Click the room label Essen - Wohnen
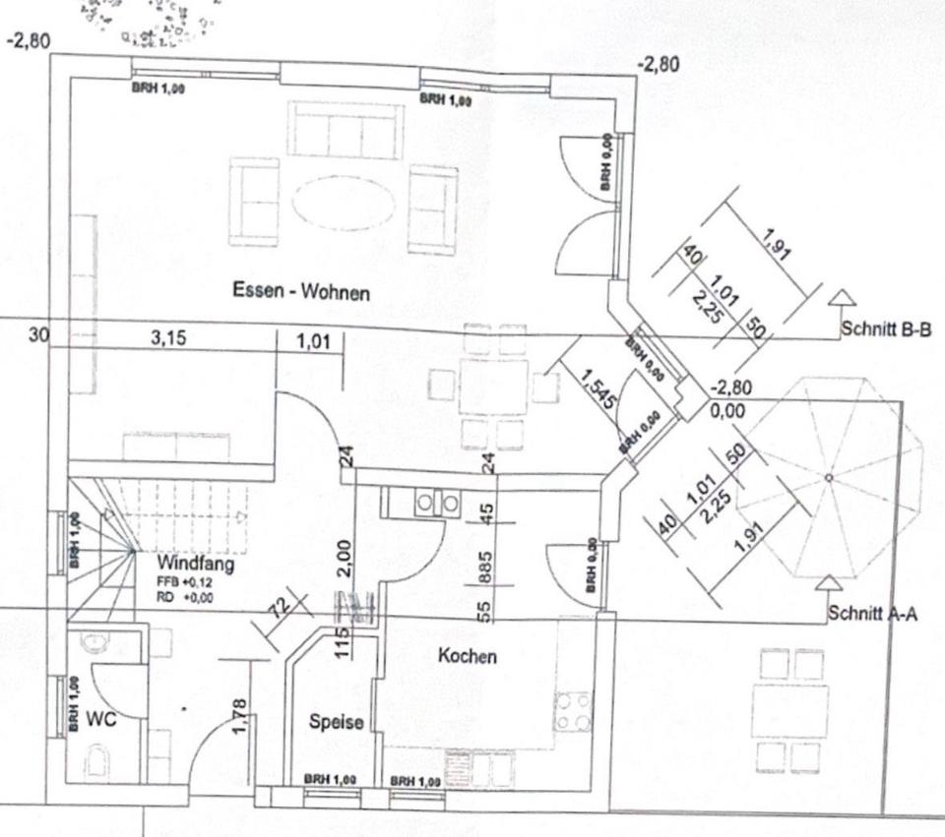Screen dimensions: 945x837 301,291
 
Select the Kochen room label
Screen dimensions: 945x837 467,656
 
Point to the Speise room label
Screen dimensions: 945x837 337,722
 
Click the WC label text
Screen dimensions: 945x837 101,720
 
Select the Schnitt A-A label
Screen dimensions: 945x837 873,614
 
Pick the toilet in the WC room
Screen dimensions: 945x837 97,760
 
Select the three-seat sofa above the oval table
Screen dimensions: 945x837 345,131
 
